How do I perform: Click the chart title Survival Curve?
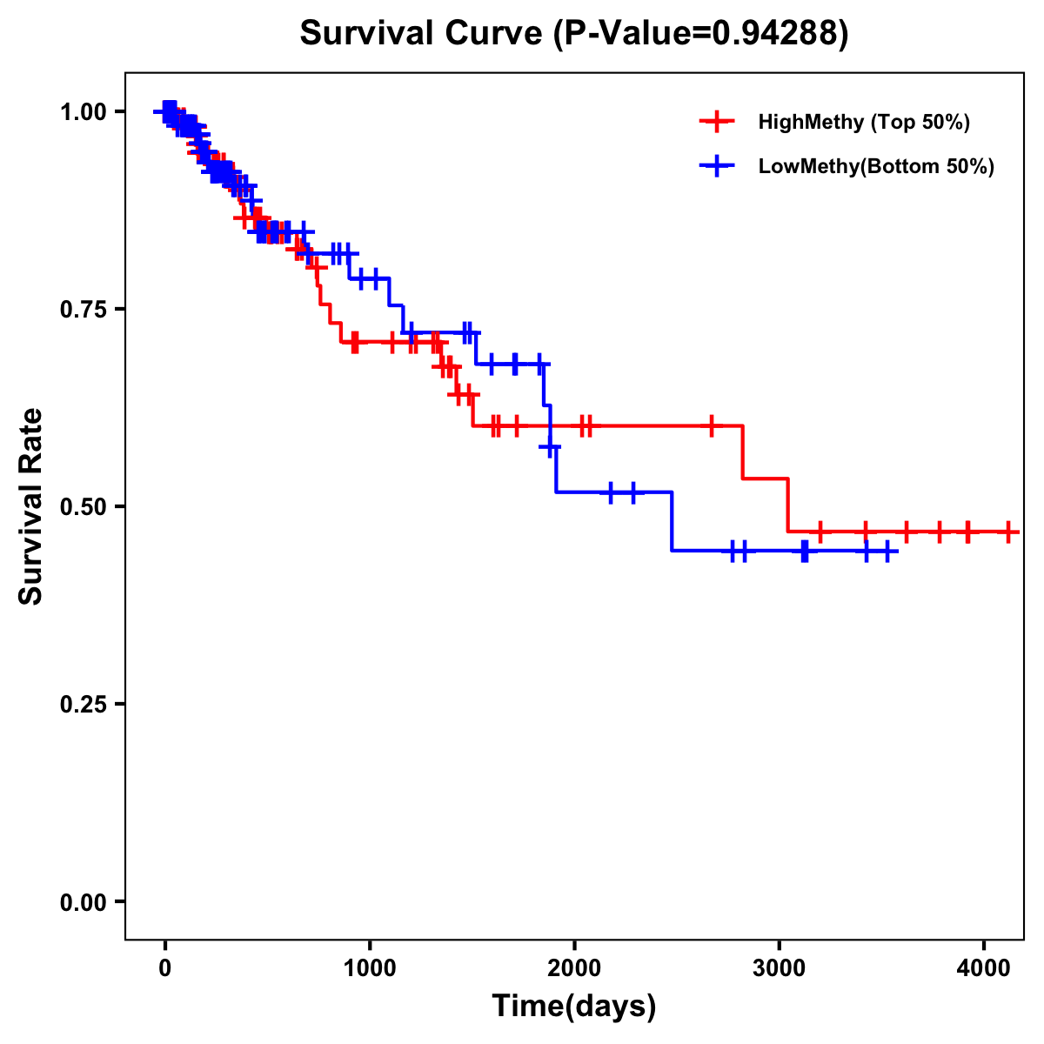(423, 33)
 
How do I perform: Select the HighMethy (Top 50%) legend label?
(863, 122)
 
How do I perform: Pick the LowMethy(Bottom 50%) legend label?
(876, 166)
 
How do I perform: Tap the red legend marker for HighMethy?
(717, 122)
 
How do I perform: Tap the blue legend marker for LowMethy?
(717, 166)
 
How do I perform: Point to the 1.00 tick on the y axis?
(84, 111)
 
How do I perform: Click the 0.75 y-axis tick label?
(84, 309)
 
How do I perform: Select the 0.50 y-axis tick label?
(84, 506)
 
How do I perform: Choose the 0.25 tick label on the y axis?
(84, 704)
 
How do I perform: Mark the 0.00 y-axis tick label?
(84, 901)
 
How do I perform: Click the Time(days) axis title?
(574, 1006)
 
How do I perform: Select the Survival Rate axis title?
(31, 506)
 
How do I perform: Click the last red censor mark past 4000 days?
(1007, 531)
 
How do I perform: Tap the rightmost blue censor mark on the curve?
(887, 551)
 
